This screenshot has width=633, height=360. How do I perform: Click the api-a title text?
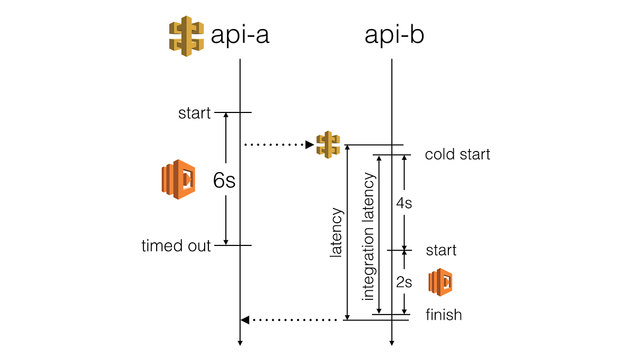(x=240, y=35)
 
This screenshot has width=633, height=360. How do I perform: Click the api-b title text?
(x=394, y=35)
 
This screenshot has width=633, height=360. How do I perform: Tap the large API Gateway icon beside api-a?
(x=186, y=36)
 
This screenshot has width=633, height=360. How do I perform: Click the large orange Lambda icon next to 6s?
(x=178, y=179)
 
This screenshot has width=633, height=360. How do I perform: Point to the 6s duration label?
(x=224, y=181)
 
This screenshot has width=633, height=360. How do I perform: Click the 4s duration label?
(x=404, y=203)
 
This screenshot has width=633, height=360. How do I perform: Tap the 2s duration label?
(x=404, y=282)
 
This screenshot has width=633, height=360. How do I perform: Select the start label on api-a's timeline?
(x=194, y=113)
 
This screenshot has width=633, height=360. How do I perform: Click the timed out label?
(x=176, y=245)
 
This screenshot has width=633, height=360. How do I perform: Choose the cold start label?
(x=457, y=155)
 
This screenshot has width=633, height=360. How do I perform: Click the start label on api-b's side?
(x=441, y=250)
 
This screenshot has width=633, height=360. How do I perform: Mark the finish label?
(x=444, y=315)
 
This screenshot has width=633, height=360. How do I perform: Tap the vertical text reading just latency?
(x=336, y=232)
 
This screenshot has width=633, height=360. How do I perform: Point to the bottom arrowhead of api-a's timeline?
(x=240, y=343)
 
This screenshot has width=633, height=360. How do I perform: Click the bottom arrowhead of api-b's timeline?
(x=391, y=343)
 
